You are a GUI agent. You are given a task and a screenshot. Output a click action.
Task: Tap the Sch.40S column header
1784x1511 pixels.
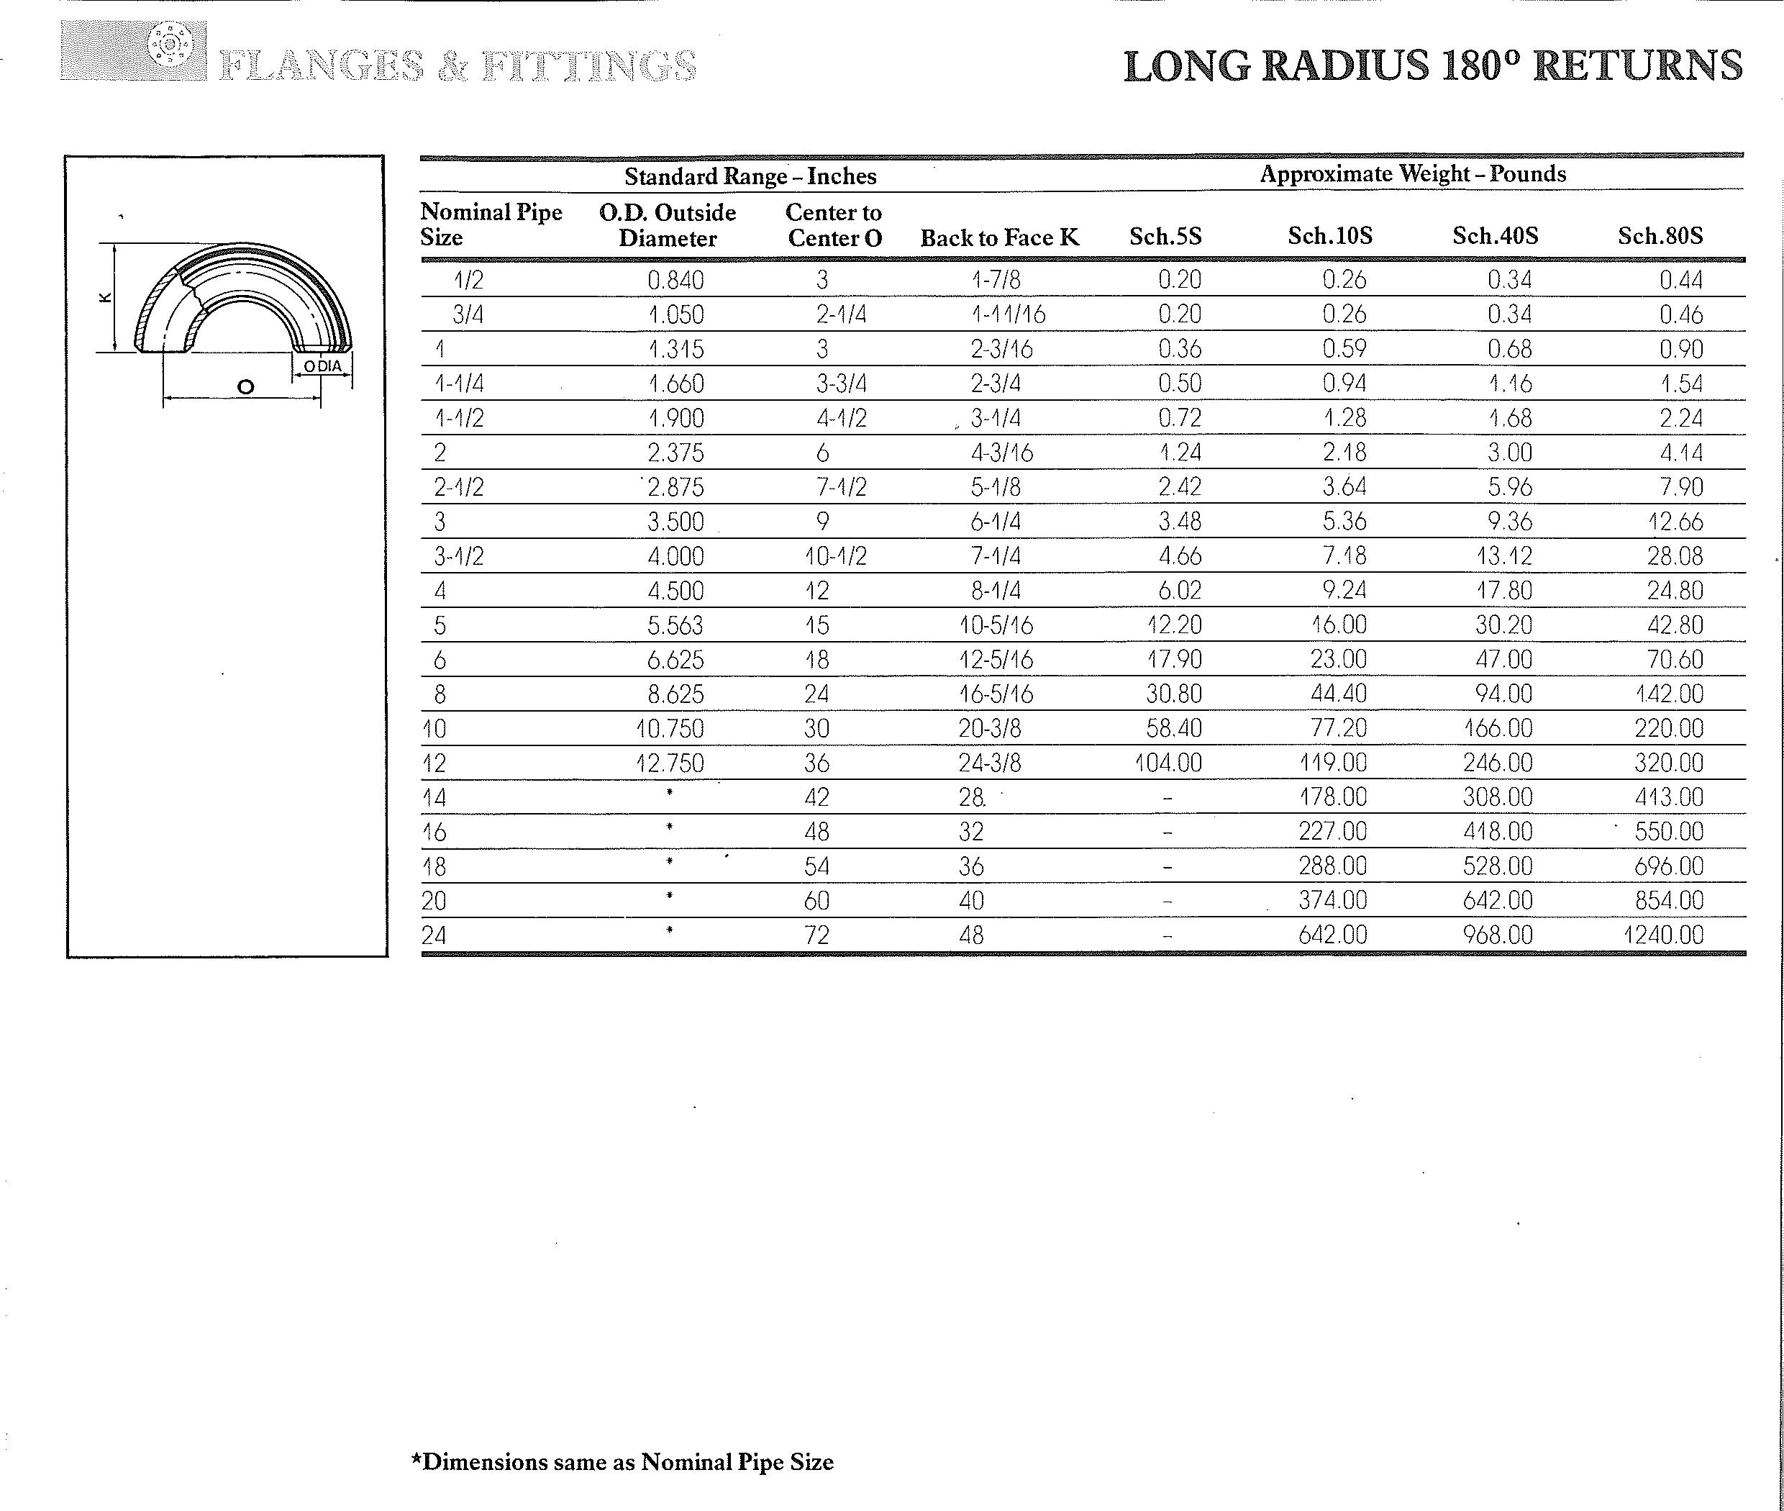[x=1495, y=235]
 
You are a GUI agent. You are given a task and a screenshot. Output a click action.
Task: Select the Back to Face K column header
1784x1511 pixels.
[x=999, y=237]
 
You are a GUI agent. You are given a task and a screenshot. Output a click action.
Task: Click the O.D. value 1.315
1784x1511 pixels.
[x=675, y=350]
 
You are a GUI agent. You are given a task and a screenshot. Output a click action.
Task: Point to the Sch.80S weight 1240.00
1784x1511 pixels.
[x=1663, y=935]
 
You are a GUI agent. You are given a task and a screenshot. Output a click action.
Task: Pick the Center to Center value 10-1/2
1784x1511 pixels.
[x=835, y=557]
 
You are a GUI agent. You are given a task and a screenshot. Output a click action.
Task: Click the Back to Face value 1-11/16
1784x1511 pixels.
[x=1008, y=314]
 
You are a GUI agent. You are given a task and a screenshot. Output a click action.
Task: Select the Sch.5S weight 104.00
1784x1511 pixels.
[x=1168, y=763]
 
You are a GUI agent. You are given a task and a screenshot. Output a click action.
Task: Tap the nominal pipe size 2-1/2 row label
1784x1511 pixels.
[x=458, y=487]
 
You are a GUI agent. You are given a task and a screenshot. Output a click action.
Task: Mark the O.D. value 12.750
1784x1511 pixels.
[x=669, y=763]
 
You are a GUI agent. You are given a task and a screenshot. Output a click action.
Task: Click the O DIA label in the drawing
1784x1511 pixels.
[x=322, y=366]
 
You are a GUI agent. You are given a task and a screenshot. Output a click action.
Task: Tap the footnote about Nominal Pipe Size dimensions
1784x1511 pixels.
[x=623, y=1461]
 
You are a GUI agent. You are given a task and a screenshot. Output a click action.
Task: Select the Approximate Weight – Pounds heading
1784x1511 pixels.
[x=1412, y=174]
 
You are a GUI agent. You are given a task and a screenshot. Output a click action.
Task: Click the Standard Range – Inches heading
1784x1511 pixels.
[x=750, y=176]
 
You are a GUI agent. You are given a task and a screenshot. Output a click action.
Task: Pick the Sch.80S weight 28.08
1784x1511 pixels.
[x=1675, y=556]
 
